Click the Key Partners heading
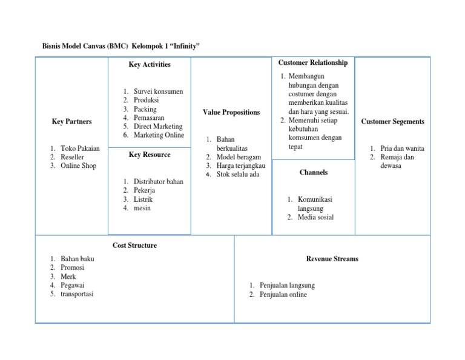point(72,122)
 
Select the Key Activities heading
point(150,65)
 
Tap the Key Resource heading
point(150,155)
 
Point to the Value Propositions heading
point(231,112)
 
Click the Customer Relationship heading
point(312,63)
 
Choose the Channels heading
point(314,173)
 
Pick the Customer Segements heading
point(392,122)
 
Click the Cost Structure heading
point(134,245)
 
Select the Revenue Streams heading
point(332,259)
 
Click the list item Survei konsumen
point(158,92)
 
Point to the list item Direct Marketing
point(158,127)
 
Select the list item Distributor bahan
point(158,181)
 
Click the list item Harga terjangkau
point(241,165)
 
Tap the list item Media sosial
point(315,217)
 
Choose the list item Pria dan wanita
point(402,148)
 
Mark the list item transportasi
point(77,294)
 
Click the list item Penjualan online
point(283,295)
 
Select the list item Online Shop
point(78,165)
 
